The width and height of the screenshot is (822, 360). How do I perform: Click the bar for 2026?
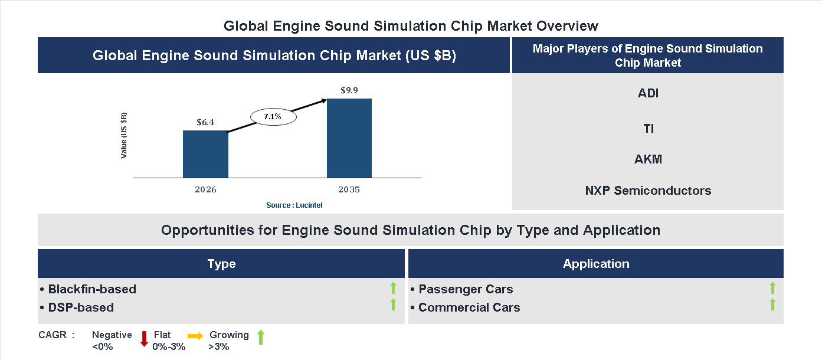coord(205,154)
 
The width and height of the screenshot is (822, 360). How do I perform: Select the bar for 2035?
coord(349,138)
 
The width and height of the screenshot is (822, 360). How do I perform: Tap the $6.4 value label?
coord(205,122)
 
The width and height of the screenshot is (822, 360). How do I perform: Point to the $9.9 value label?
coord(349,90)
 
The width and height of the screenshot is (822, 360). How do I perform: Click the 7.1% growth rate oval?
coord(273,117)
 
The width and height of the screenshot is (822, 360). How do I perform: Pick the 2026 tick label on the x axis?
coord(205,190)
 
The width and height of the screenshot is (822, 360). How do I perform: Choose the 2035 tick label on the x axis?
coord(349,190)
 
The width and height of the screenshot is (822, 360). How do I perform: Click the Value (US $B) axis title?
coord(124,135)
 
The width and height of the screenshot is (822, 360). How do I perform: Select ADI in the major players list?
coord(648,93)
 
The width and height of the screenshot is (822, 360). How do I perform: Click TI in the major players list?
coord(648,128)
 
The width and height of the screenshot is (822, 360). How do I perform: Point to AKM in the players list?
coord(648,159)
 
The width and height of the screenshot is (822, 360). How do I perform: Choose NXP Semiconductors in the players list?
coord(648,191)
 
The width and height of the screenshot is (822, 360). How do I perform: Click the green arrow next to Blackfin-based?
coord(393,288)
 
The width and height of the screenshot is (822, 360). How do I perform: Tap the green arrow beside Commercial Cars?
coord(772,305)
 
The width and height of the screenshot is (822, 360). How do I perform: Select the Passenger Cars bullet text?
coord(465,289)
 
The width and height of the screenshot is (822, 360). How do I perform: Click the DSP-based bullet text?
coord(80,307)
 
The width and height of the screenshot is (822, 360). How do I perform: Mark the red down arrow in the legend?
coord(143,339)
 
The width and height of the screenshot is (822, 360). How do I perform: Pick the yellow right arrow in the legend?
coord(195,335)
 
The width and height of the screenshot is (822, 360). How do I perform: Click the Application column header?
coord(596,264)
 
